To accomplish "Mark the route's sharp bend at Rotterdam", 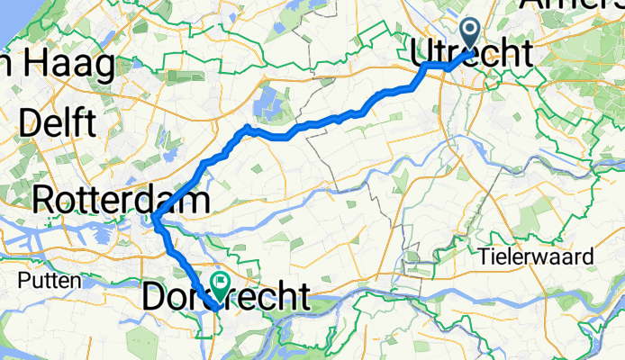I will point(155,219).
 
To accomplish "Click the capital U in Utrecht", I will point(421,52).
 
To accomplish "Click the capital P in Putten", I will point(23,281).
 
